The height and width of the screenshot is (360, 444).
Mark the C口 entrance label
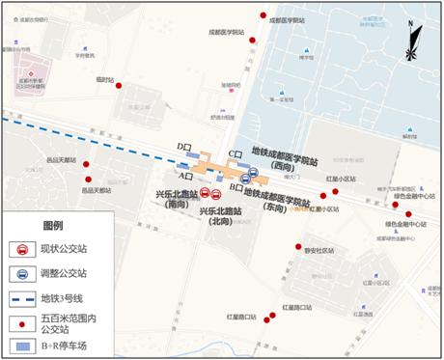(234, 154)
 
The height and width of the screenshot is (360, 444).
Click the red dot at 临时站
(119, 86)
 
